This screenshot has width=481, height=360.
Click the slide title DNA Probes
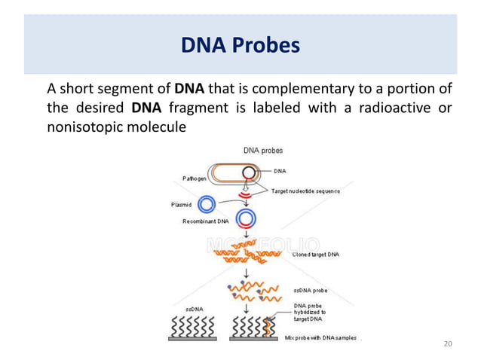click(x=240, y=47)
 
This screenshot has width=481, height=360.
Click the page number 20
click(x=448, y=344)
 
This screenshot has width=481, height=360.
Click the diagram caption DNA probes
click(x=262, y=151)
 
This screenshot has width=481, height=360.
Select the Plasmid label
click(x=176, y=204)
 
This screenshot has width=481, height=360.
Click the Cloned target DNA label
click(x=315, y=255)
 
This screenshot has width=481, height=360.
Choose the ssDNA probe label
click(x=309, y=290)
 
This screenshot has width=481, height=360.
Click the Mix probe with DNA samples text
click(x=320, y=338)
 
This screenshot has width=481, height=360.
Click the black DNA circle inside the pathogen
click(x=248, y=172)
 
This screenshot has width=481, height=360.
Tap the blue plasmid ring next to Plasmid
click(x=206, y=204)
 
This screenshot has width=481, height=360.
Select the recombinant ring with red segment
click(x=246, y=219)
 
